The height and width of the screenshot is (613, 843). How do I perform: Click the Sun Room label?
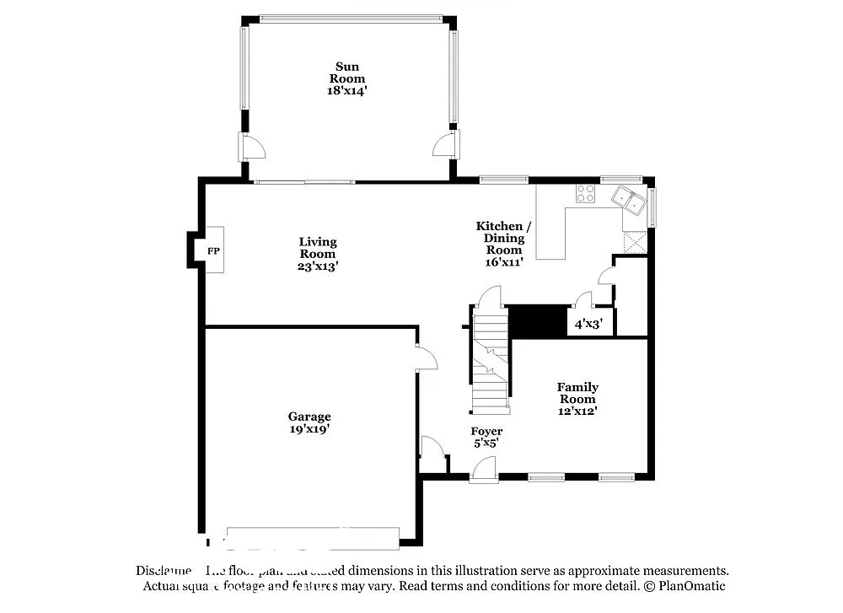347,73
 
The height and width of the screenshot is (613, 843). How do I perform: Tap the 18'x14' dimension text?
347,90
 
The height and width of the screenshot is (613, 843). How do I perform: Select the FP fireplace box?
212,251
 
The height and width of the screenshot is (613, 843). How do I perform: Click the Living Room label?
317,248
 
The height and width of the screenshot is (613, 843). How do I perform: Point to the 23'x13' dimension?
317,266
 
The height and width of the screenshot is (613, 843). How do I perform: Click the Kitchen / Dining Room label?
503,238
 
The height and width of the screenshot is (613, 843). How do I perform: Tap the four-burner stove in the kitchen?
584,193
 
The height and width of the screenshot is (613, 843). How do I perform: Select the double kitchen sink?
628,200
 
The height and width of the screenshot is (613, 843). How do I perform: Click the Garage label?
309,417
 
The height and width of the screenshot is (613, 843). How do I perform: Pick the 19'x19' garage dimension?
309,428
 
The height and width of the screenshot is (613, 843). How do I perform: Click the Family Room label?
577,393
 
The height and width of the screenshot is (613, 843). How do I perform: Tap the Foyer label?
486,431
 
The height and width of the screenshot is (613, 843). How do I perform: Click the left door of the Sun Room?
252,147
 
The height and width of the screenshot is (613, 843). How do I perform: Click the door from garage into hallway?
426,358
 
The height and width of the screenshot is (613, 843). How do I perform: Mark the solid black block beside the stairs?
539,321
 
